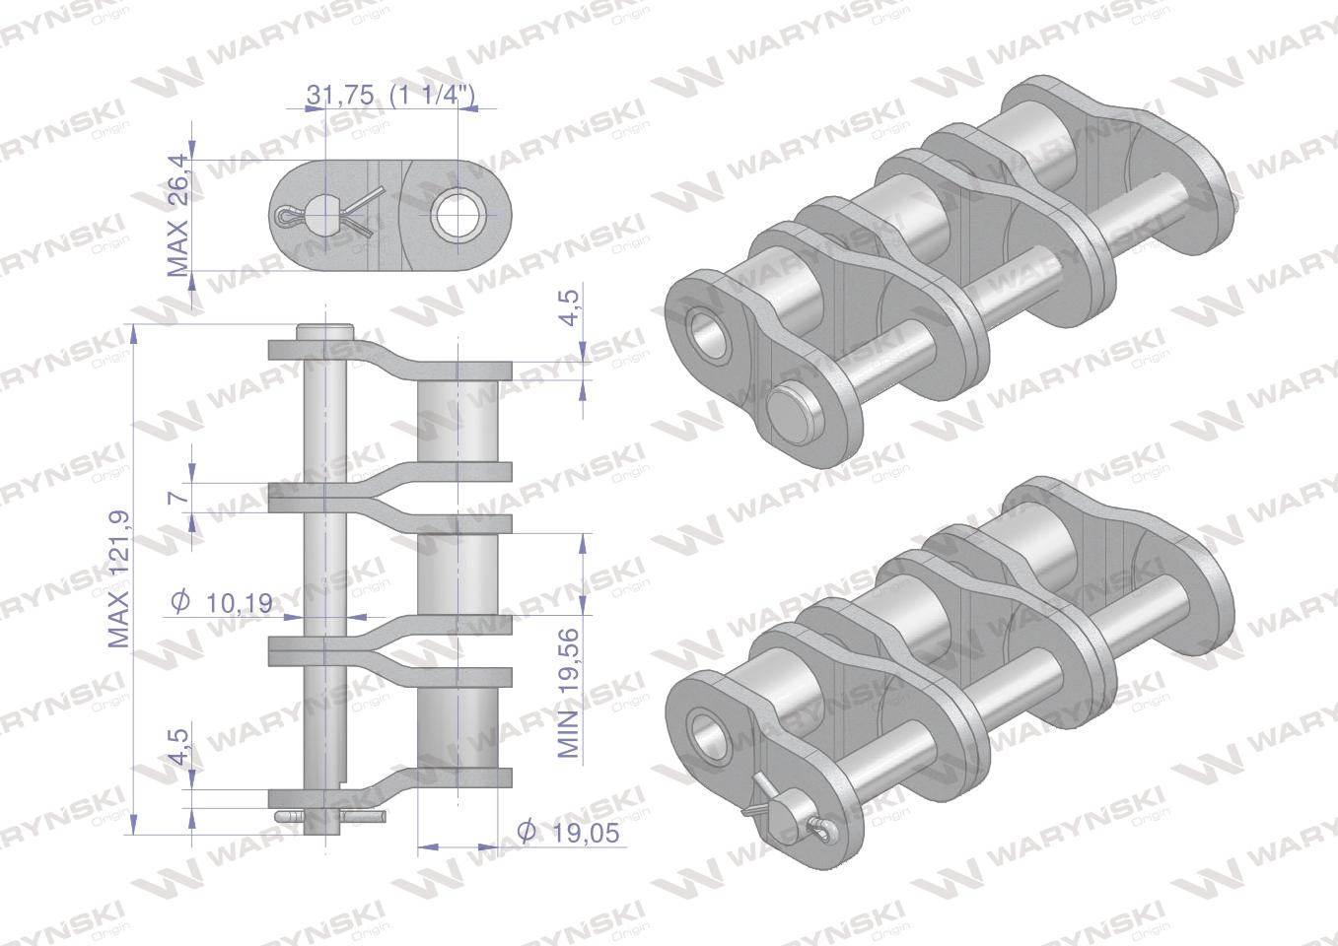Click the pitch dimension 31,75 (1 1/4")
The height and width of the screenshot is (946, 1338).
click(390, 95)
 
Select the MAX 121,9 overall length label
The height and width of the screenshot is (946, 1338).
click(119, 579)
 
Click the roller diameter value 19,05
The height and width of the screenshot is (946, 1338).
click(568, 832)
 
